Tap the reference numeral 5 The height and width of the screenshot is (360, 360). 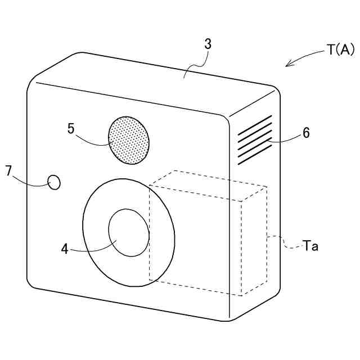coord(71,128)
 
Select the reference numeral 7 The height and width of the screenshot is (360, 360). coord(9,171)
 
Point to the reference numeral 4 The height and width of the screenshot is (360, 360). coord(65,248)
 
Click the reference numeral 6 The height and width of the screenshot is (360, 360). coord(306,133)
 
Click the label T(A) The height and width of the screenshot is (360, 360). coord(340,50)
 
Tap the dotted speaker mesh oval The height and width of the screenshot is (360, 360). coord(129,141)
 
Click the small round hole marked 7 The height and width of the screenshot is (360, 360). coord(54,182)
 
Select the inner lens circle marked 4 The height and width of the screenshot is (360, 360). coord(129,232)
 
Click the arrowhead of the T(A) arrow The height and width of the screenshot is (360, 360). coord(288,65)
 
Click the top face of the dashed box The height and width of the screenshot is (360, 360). coord(208,185)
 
